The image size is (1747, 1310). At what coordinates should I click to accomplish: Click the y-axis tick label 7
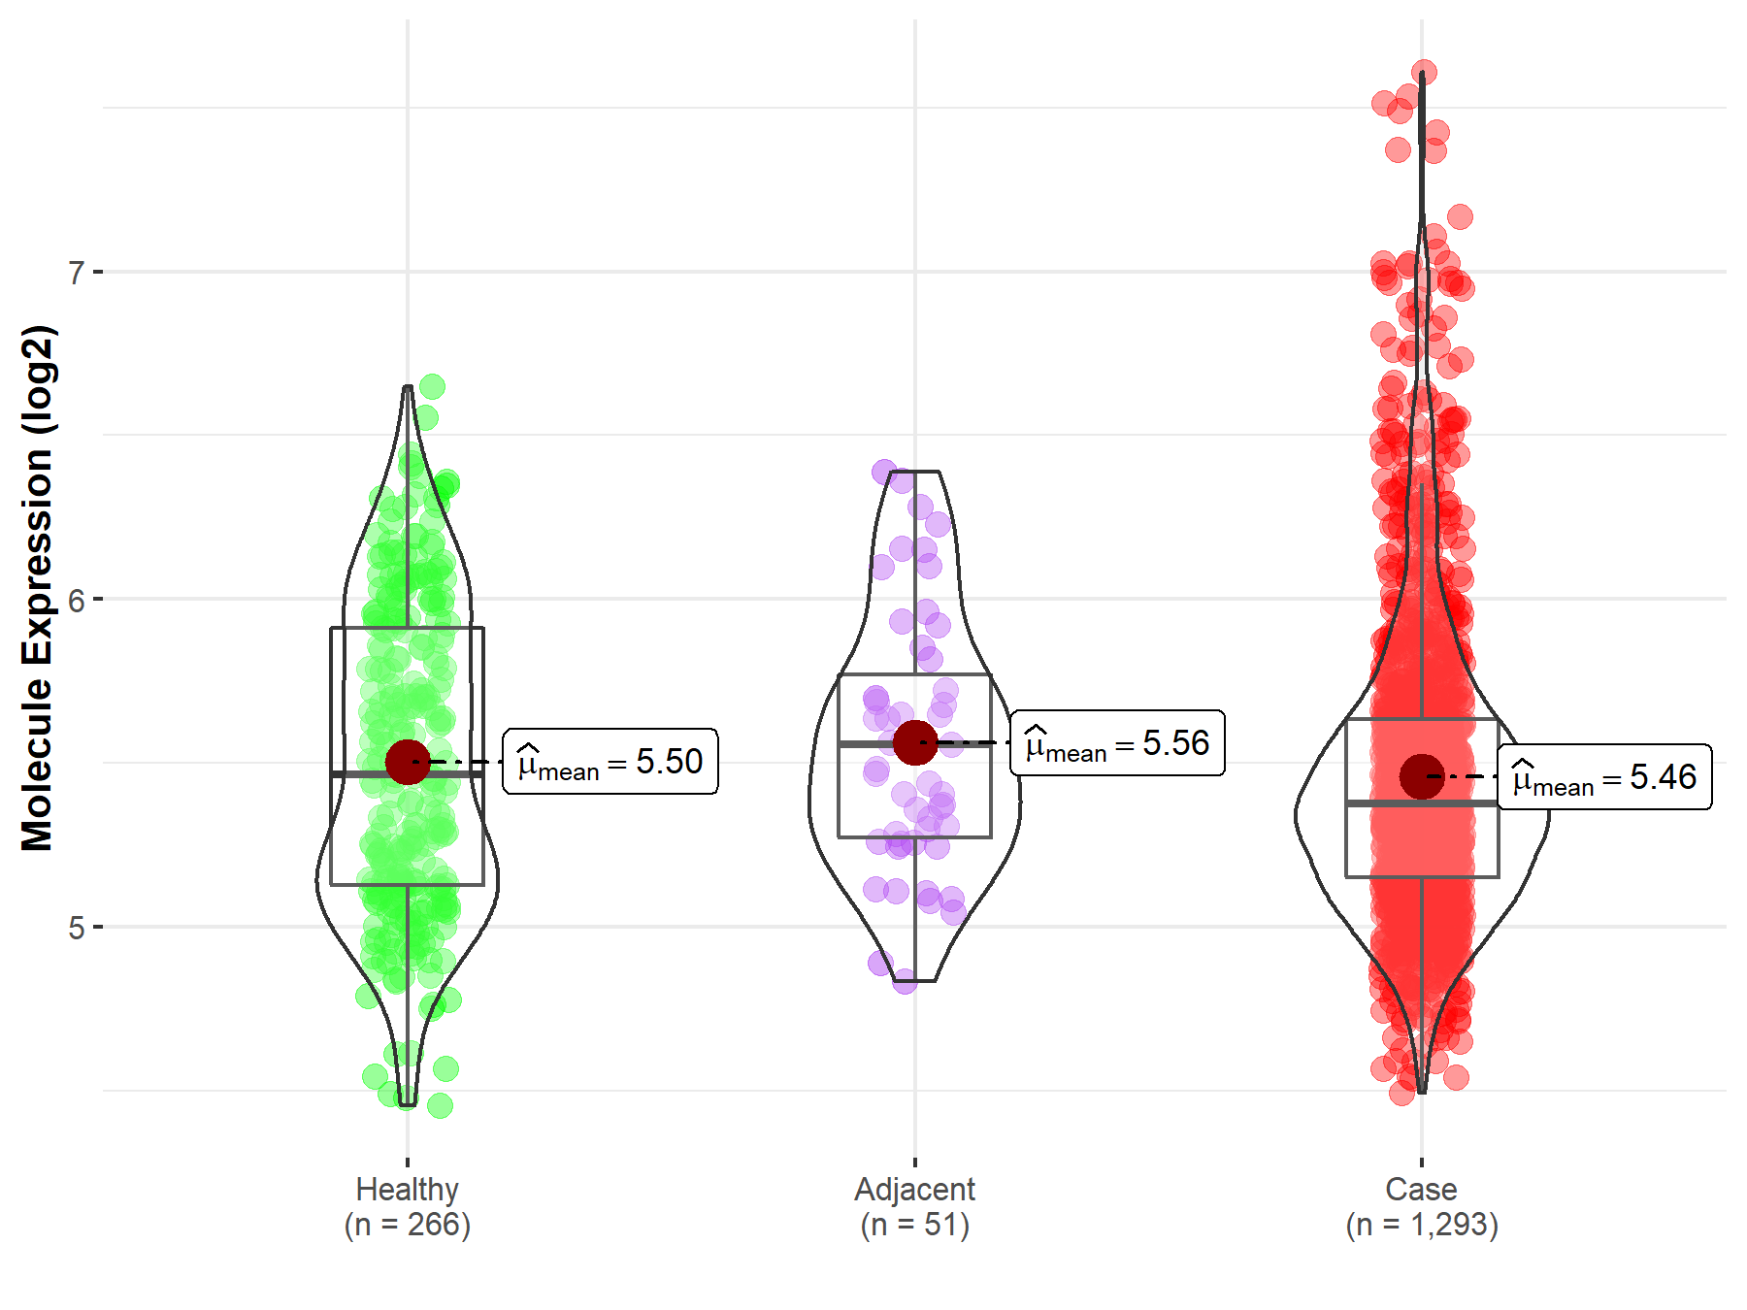(76, 273)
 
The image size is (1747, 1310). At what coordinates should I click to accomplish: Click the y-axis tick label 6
(76, 600)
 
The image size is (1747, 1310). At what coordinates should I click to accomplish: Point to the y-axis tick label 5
(76, 928)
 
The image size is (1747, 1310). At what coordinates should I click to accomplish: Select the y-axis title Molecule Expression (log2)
(37, 588)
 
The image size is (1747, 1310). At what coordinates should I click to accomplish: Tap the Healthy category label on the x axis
(407, 1189)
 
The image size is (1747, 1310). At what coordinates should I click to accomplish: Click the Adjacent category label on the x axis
(914, 1189)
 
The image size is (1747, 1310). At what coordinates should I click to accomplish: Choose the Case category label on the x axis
(1421, 1189)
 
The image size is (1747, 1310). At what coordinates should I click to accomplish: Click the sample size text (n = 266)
(407, 1225)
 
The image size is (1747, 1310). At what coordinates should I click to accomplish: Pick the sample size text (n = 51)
(914, 1225)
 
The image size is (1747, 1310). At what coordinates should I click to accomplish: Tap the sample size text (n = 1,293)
(1421, 1225)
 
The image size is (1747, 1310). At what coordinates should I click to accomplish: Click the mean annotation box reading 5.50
(610, 762)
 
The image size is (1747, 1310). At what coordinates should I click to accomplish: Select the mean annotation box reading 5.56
(1117, 743)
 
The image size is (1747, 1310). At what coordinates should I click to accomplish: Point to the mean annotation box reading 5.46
(1604, 776)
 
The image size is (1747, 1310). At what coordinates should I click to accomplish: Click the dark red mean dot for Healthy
(408, 762)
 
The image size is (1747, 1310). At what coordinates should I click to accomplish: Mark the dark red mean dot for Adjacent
(914, 742)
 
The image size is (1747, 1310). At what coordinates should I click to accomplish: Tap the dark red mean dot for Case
(1422, 776)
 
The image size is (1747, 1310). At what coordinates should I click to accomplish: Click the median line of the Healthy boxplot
(369, 774)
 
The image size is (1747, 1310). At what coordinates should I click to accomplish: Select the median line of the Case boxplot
(1378, 803)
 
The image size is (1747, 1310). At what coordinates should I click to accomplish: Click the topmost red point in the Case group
(1424, 73)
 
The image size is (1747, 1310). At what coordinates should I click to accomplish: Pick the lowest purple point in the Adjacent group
(905, 981)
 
